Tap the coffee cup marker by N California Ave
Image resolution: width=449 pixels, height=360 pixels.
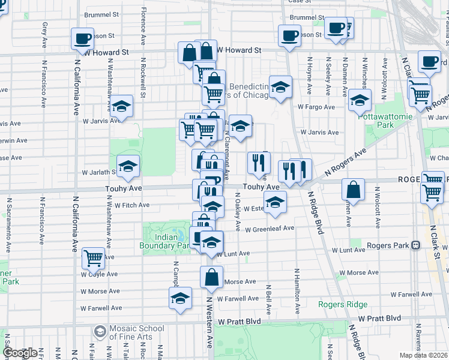coord(82,39)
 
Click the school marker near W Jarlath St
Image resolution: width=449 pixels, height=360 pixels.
coord(128,166)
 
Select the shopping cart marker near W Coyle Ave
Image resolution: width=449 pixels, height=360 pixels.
coord(93,258)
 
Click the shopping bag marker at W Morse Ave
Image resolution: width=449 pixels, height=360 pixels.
coord(211,277)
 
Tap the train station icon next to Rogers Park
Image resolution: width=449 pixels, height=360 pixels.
coord(415,245)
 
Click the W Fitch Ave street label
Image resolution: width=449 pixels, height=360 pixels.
coord(132,205)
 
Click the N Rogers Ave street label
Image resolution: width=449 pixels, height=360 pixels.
coord(345,162)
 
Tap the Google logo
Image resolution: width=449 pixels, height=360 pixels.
coord(20,353)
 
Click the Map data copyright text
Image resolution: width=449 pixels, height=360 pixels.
coord(424,355)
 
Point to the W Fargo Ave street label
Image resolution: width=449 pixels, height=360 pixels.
coord(316,107)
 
